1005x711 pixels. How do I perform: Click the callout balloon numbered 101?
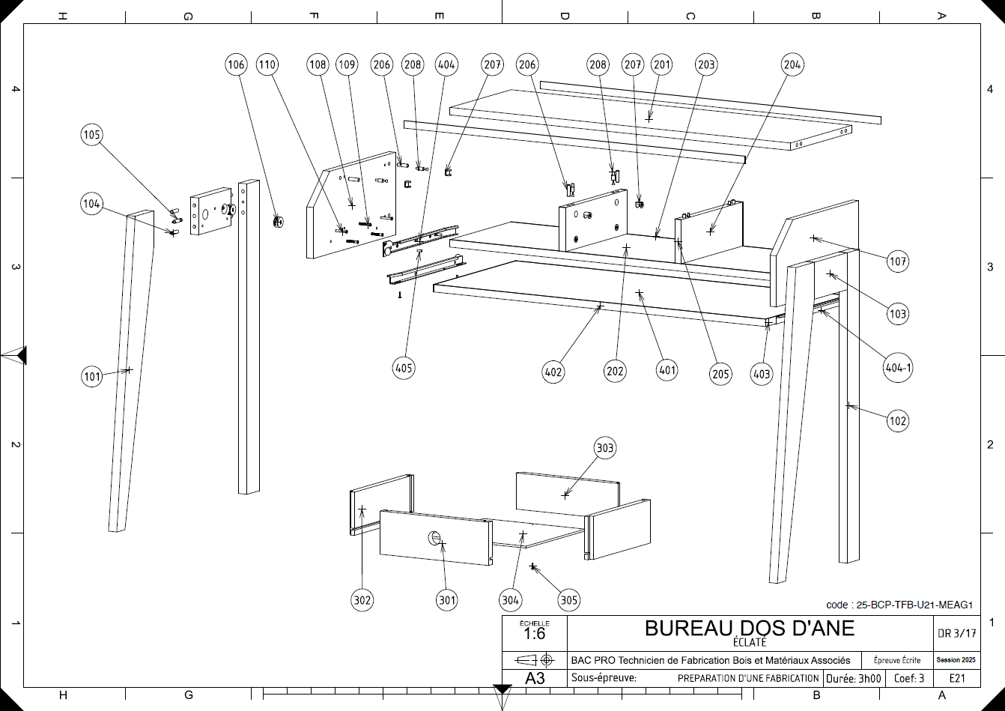coord(91,377)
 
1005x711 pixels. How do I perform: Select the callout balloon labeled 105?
coord(91,135)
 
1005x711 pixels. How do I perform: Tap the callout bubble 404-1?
coord(897,368)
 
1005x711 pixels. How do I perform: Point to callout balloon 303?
coord(604,448)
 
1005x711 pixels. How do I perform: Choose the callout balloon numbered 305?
coord(568,599)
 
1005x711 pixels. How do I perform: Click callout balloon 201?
coord(662,64)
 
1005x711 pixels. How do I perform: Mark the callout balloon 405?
coord(404,368)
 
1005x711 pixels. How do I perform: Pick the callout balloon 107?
coord(897,262)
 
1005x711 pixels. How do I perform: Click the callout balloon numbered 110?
coord(267,64)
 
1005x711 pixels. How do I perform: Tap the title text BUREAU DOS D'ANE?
coord(750,628)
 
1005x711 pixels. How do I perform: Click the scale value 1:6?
coord(534,634)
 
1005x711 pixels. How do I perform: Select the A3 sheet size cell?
coord(535,679)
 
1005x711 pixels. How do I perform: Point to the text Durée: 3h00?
coord(853,679)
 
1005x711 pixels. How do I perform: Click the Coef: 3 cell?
coord(909,679)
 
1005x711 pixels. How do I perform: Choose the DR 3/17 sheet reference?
coord(957,633)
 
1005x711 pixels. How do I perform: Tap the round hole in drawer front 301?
coord(434,537)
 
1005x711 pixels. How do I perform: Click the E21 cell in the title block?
coord(957,679)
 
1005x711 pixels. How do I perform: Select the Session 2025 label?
coord(957,660)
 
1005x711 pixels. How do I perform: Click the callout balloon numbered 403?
coord(762,375)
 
